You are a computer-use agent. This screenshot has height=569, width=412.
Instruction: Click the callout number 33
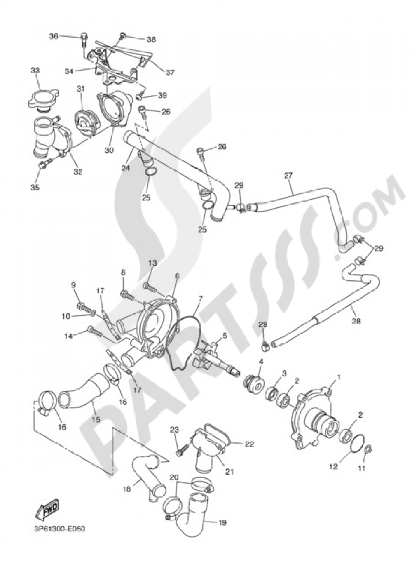35,71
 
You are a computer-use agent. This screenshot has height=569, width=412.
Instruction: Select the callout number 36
54,36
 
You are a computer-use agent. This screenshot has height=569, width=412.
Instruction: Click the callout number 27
288,175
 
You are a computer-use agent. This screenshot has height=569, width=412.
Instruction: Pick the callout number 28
356,321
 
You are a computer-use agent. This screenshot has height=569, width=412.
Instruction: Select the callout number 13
152,263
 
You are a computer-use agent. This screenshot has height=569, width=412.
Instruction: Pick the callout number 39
162,95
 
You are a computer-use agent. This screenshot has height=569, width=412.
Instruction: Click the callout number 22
249,444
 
